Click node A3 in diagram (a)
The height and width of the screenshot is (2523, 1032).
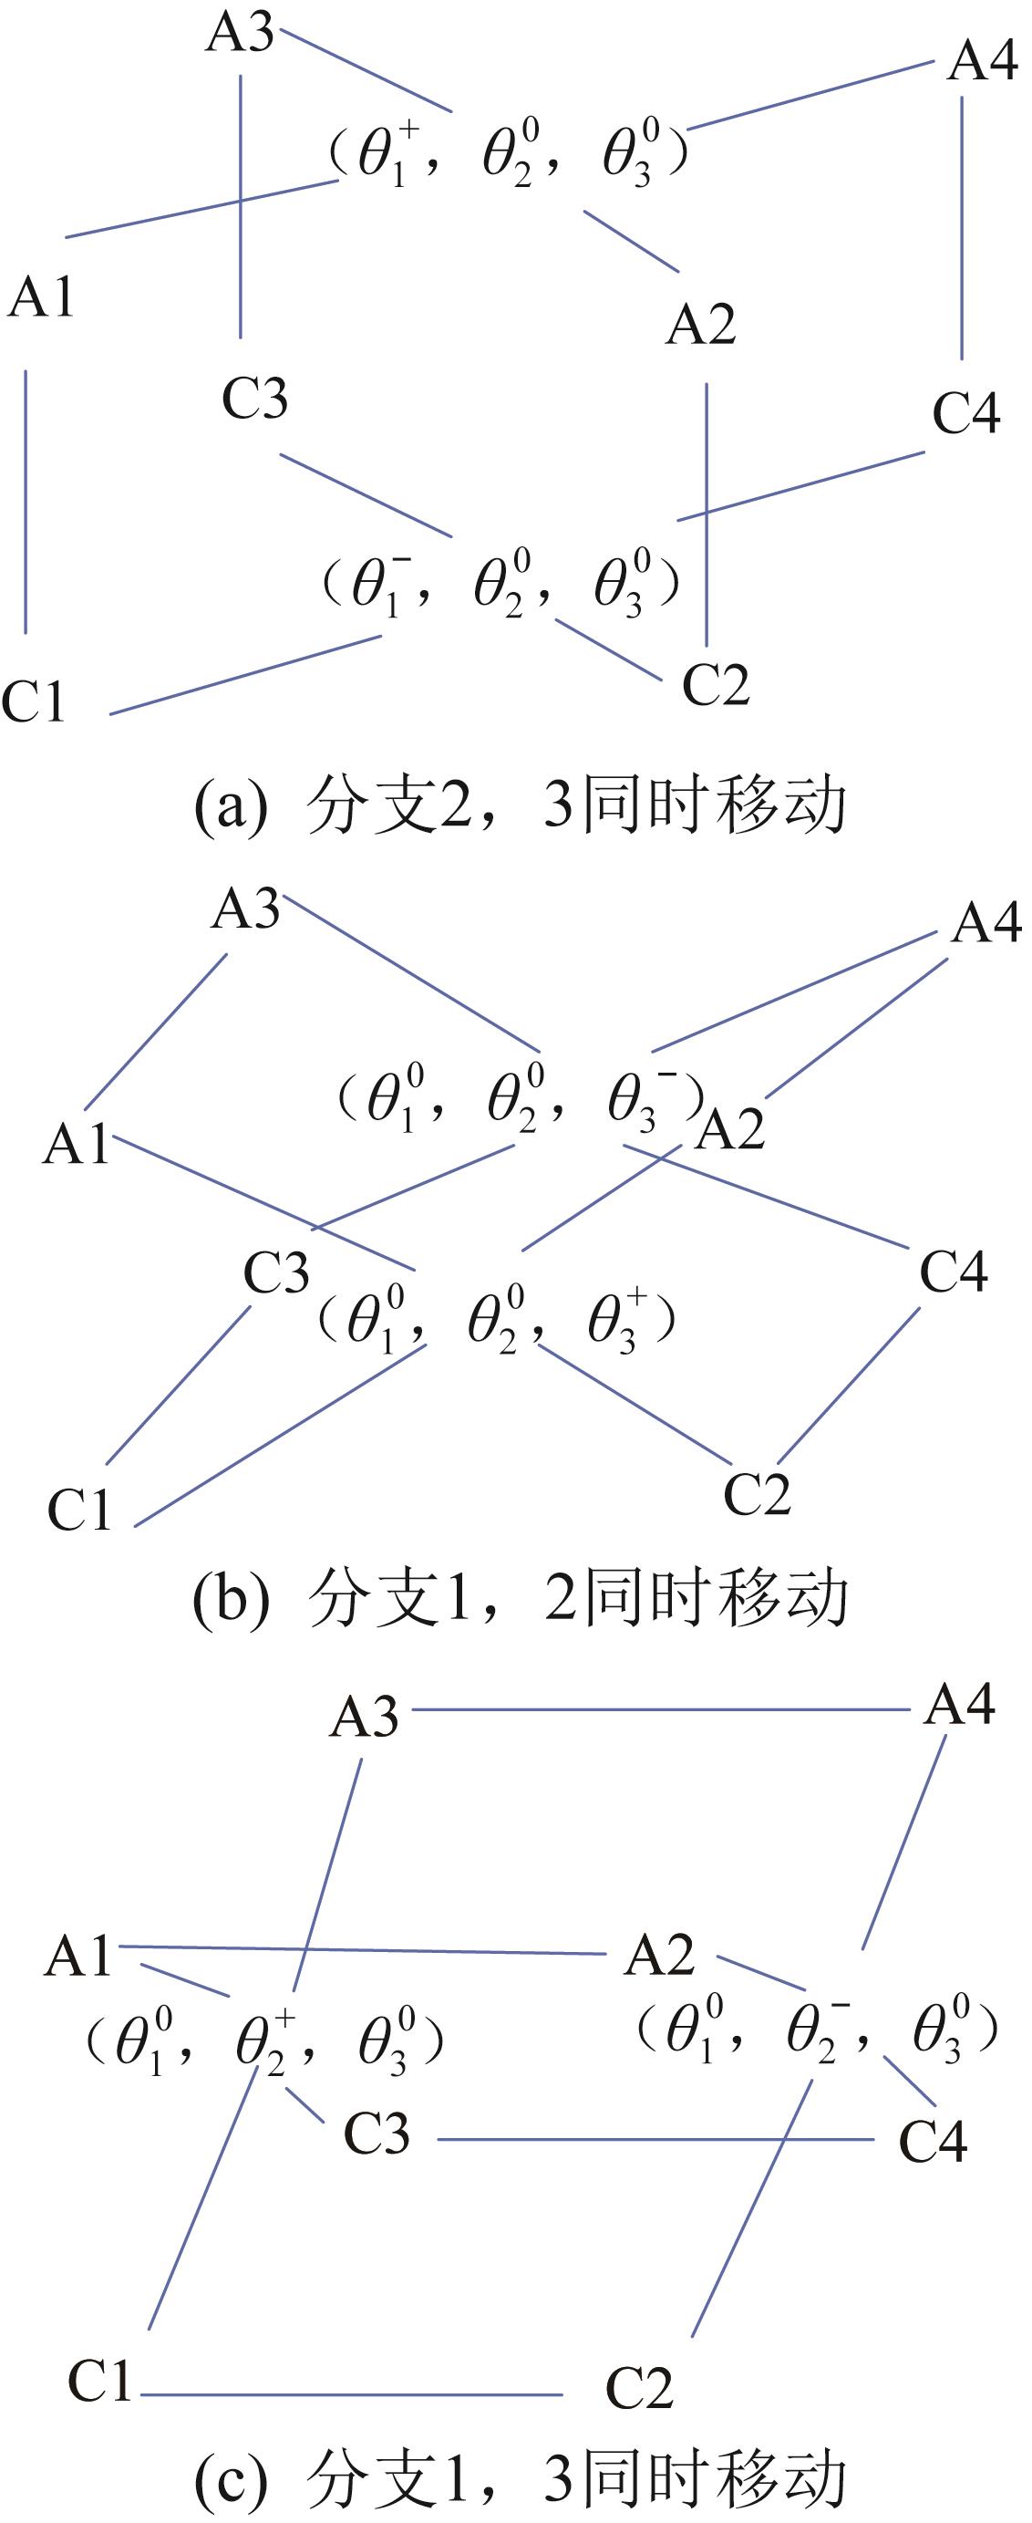(240, 34)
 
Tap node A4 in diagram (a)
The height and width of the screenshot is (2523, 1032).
(983, 62)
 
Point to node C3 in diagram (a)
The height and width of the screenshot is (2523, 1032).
(254, 399)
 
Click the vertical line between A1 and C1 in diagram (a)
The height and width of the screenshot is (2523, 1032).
(26, 502)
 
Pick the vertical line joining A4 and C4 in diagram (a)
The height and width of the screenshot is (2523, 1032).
(962, 227)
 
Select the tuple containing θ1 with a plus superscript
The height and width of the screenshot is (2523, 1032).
(508, 156)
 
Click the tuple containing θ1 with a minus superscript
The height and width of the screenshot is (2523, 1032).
(501, 585)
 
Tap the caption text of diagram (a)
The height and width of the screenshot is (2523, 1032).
(520, 806)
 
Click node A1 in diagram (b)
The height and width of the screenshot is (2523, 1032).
(76, 1143)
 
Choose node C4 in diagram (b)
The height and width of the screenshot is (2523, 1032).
(953, 1272)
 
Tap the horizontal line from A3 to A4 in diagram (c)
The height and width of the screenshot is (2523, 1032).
(661, 1710)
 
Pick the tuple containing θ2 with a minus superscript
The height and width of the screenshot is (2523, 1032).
(818, 2029)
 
